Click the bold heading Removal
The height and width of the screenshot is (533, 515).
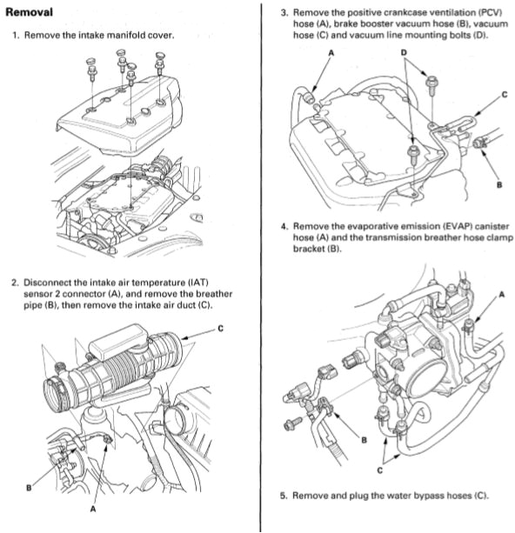pyautogui.click(x=29, y=13)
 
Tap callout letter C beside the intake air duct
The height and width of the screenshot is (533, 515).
pyautogui.click(x=221, y=328)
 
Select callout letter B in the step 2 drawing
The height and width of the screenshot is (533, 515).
pyautogui.click(x=29, y=487)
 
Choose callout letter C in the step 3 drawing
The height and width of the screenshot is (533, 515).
pyautogui.click(x=504, y=95)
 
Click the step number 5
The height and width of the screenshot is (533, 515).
pyautogui.click(x=284, y=496)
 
